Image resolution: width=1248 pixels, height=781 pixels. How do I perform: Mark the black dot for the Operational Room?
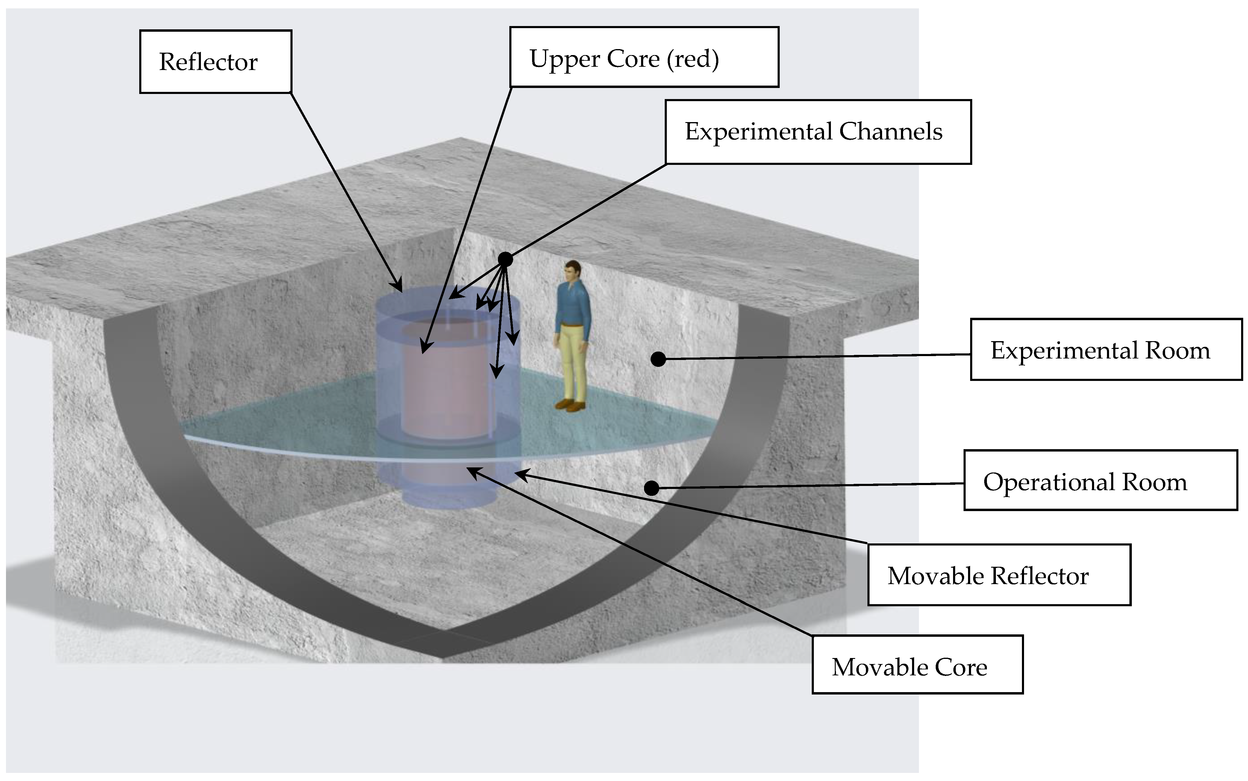pyautogui.click(x=652, y=488)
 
